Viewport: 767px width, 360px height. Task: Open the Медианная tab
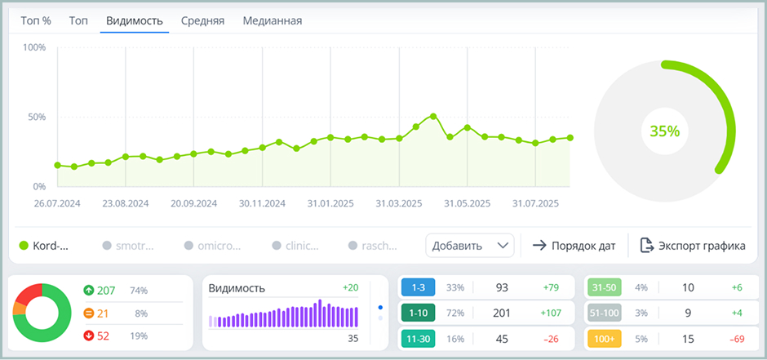[272, 20]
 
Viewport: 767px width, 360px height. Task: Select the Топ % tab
[36, 20]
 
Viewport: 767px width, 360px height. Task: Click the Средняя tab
[202, 20]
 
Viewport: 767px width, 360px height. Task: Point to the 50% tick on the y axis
[36, 117]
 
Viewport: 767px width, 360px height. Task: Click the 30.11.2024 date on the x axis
[263, 203]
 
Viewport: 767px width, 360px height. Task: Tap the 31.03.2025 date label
[399, 203]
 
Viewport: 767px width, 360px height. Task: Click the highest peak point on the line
[433, 116]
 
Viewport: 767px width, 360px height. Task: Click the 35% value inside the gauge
[664, 131]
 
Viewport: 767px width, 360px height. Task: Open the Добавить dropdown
[469, 245]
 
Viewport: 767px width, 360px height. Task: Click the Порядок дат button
[574, 245]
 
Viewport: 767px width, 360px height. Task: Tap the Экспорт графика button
[693, 245]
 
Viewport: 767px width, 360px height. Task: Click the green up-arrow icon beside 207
[88, 290]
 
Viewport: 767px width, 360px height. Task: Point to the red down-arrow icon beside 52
[88, 336]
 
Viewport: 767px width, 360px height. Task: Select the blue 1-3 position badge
[418, 287]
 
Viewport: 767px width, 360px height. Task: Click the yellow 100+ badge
[604, 338]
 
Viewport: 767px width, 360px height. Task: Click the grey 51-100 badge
[604, 313]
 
